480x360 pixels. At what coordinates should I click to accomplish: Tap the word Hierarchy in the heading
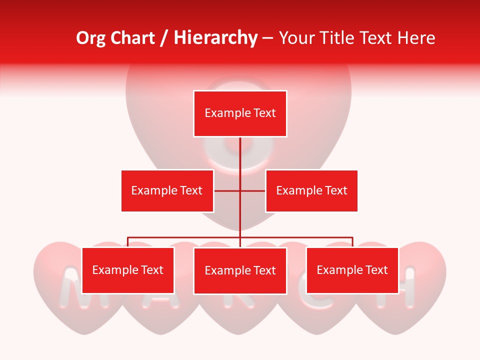[x=215, y=38]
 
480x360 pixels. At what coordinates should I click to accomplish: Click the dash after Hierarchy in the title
[x=267, y=38]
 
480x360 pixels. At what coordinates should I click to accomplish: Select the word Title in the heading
[x=335, y=38]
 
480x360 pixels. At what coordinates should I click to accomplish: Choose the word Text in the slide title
[x=375, y=38]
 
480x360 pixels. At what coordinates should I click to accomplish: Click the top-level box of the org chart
[x=240, y=113]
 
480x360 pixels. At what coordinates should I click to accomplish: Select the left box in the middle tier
[x=167, y=190]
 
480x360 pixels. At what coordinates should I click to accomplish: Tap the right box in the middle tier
[x=311, y=190]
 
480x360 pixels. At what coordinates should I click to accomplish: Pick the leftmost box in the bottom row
[x=128, y=270]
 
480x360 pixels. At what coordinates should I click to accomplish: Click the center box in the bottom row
[x=240, y=271]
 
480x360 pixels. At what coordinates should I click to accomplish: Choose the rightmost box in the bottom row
[x=352, y=270]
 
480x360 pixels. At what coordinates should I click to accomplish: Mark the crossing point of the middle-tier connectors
[x=240, y=190]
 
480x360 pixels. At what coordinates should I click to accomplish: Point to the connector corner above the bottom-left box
[x=128, y=237]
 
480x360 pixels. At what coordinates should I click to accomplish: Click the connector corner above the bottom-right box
[x=352, y=237]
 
